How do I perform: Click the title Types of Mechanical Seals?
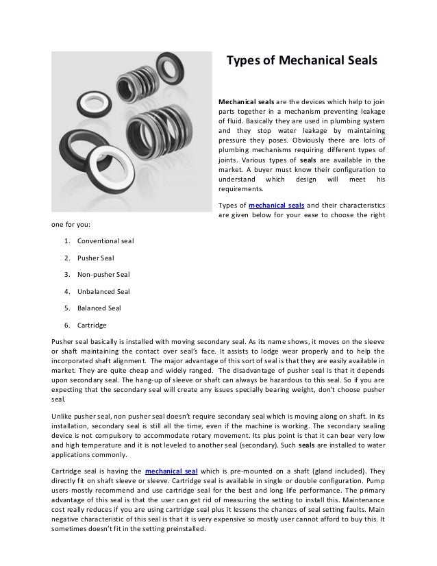pos(302,62)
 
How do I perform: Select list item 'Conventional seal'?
pos(106,241)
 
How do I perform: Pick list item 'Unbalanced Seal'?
pos(104,291)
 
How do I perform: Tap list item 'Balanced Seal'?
pos(100,308)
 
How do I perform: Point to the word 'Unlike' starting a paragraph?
pos(64,416)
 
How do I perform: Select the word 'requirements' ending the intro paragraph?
pos(240,188)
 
